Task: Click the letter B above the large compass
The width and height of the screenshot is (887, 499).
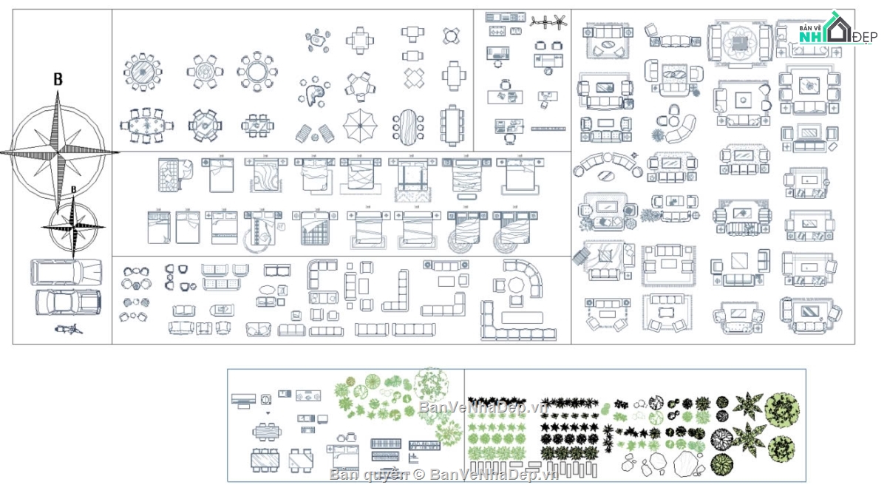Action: click(x=58, y=80)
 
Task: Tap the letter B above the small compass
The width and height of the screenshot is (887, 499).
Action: click(x=73, y=190)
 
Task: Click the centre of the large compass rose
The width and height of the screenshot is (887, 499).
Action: click(x=58, y=152)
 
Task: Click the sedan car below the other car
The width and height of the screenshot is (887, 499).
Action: click(x=67, y=302)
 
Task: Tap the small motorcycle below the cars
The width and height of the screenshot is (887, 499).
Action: click(x=69, y=329)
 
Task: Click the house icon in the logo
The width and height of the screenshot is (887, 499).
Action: click(x=838, y=30)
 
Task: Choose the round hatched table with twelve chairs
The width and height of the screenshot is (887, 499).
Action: click(x=142, y=72)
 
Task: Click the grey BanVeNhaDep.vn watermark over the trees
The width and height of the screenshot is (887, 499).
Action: click(x=481, y=407)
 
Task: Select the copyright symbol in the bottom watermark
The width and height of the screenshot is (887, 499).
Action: click(x=418, y=474)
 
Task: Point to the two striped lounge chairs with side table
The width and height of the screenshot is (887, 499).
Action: click(x=315, y=133)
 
